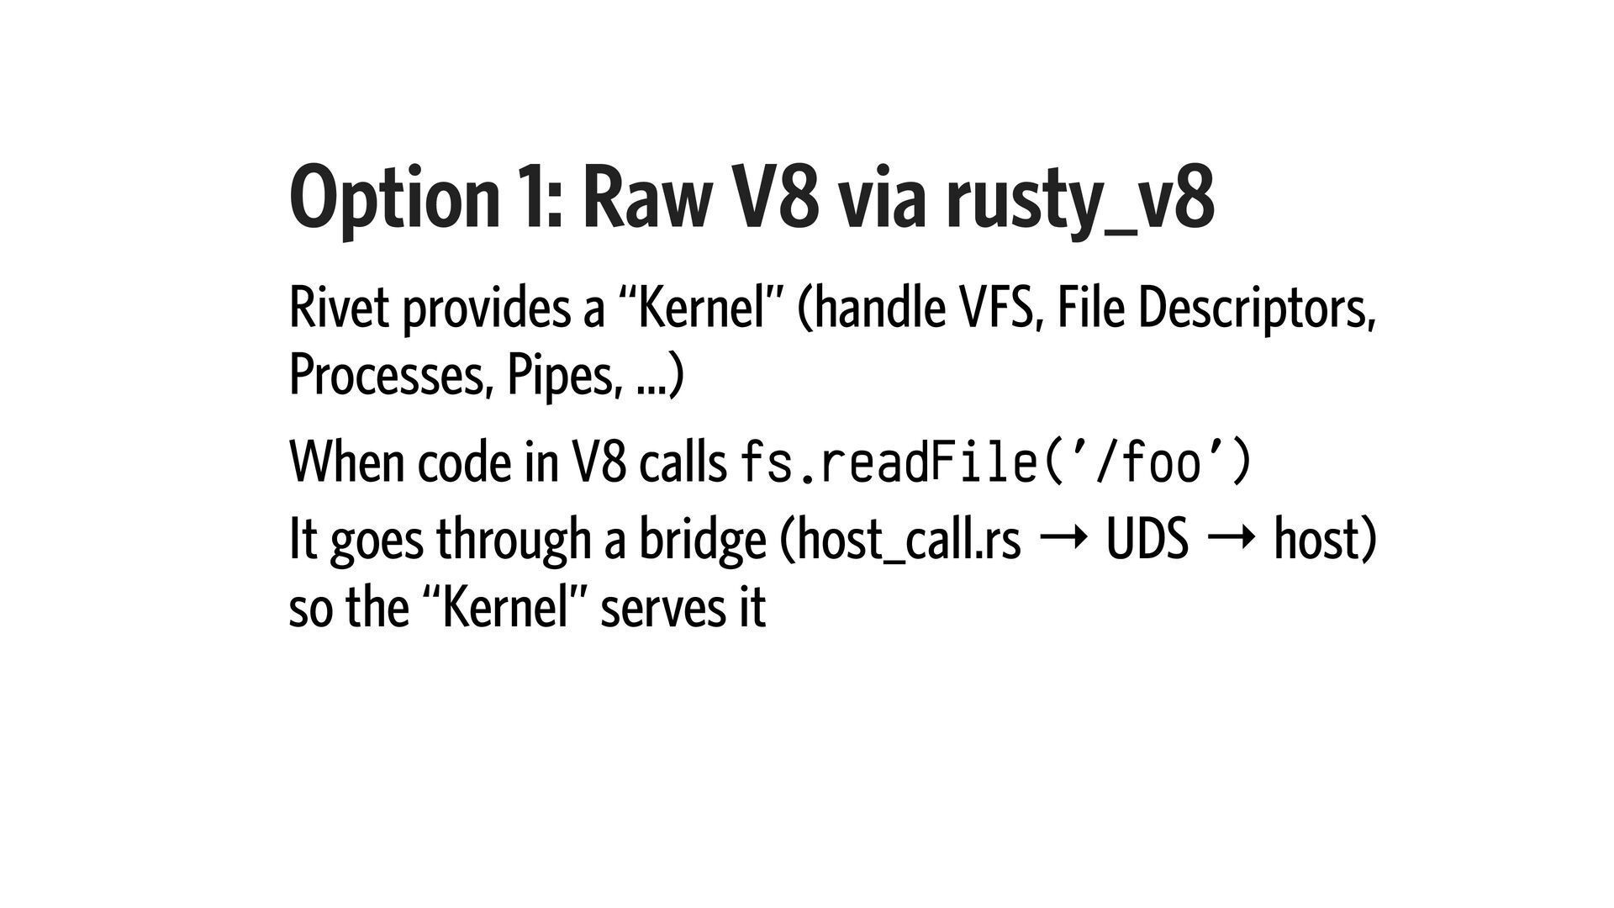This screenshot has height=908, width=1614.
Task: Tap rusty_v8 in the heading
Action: [1079, 202]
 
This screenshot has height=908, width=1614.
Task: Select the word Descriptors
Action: [1256, 309]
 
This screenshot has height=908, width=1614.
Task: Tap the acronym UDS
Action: [1147, 540]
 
